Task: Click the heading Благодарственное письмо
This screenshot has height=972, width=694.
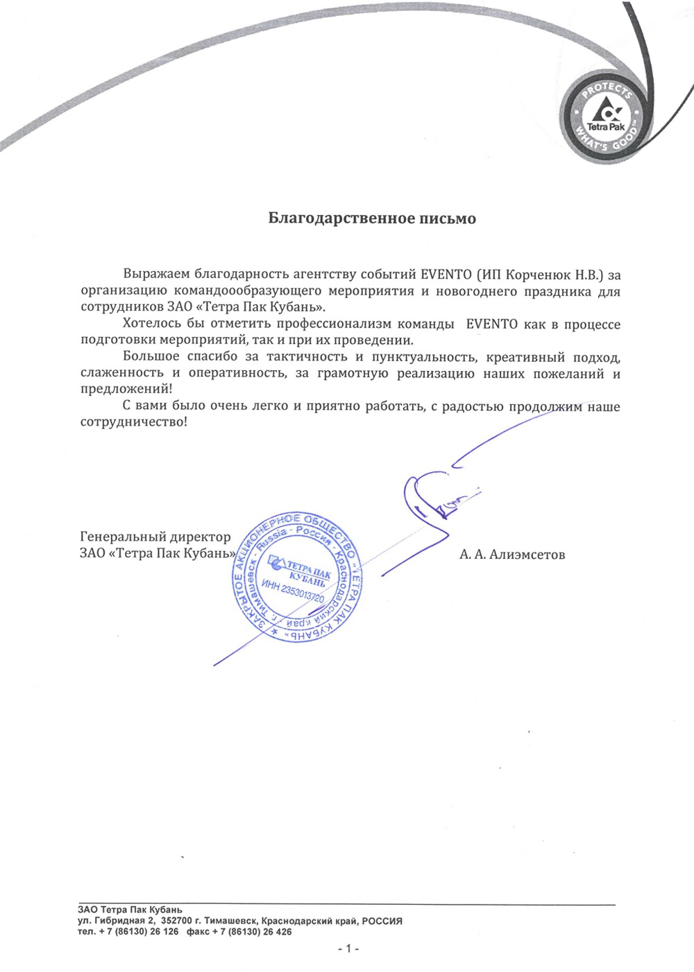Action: coord(372,218)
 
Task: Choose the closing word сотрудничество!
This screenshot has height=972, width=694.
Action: coord(133,422)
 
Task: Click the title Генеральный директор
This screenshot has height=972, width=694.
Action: coord(155,537)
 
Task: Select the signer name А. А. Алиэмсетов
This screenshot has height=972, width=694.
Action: coord(512,554)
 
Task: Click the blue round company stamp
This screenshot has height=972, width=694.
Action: coord(297,578)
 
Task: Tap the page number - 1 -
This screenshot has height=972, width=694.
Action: coord(347,948)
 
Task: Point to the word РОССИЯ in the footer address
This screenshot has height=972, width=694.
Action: coord(382,921)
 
